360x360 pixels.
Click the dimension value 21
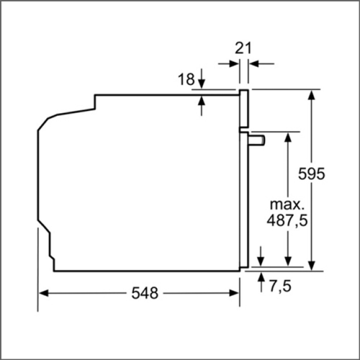pos(243,48)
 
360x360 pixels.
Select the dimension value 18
pos(186,79)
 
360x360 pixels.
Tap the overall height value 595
pos(311,174)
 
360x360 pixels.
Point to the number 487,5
pos(287,220)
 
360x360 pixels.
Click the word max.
pos(287,205)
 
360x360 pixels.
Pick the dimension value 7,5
pos(280,286)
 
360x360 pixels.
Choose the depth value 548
pos(145,293)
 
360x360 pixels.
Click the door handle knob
pos(256,140)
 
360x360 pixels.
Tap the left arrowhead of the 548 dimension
pos(44,293)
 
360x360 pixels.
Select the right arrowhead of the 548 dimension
pos(234,293)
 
